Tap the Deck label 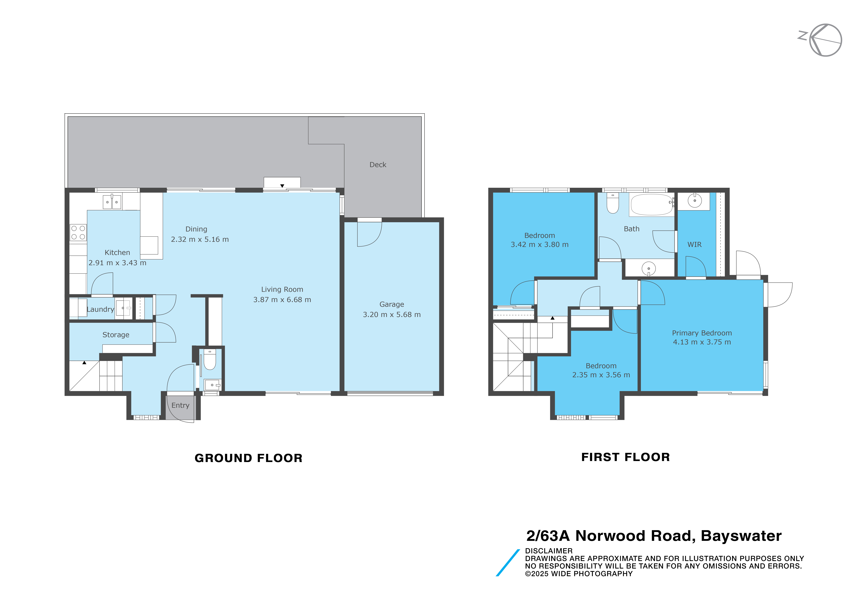(x=378, y=165)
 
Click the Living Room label (x=282, y=289)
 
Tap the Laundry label (x=100, y=309)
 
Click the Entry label (x=180, y=405)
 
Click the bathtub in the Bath (x=652, y=205)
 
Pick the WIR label (x=695, y=245)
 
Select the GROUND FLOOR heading (x=249, y=458)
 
